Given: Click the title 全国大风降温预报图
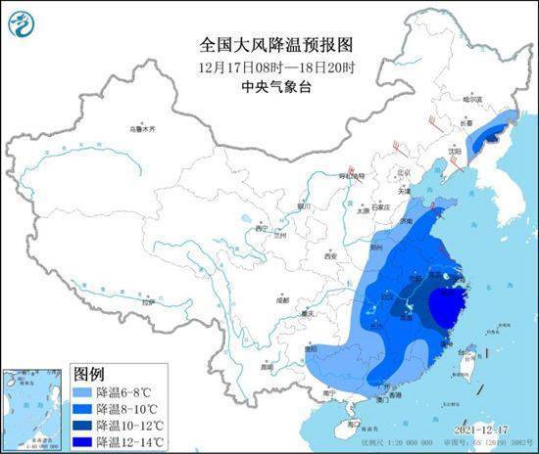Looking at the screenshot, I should tap(269, 45).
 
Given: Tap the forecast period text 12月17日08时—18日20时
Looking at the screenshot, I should tap(269, 66).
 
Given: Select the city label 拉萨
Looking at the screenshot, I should tap(147, 303).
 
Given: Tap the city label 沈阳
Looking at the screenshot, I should tap(454, 152).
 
